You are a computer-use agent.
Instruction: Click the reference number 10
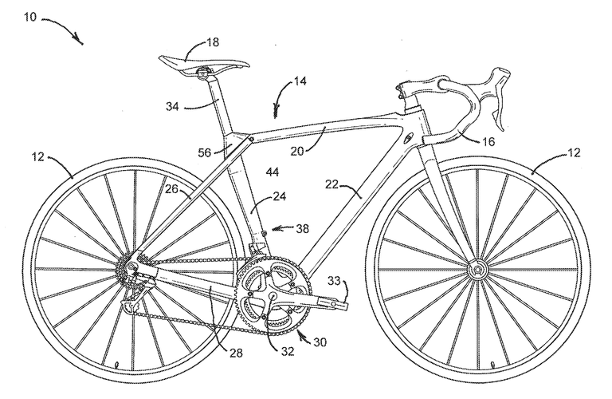(30, 17)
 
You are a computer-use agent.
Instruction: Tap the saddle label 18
(213, 41)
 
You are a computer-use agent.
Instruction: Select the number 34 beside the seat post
(172, 106)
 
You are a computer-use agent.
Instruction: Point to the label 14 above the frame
(300, 81)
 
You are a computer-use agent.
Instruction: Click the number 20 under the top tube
(297, 151)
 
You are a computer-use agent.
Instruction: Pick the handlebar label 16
(488, 141)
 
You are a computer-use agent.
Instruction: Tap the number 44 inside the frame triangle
(272, 172)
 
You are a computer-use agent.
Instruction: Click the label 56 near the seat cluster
(205, 152)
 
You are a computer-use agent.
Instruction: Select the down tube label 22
(331, 184)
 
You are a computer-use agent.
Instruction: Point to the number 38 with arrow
(302, 228)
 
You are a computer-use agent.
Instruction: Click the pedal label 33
(334, 281)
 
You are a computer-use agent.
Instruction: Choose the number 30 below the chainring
(320, 342)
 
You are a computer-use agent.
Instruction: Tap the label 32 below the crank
(288, 352)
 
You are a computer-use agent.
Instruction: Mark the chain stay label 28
(236, 354)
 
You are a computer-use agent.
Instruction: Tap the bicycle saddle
(204, 65)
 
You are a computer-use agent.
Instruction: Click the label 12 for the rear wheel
(38, 157)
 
